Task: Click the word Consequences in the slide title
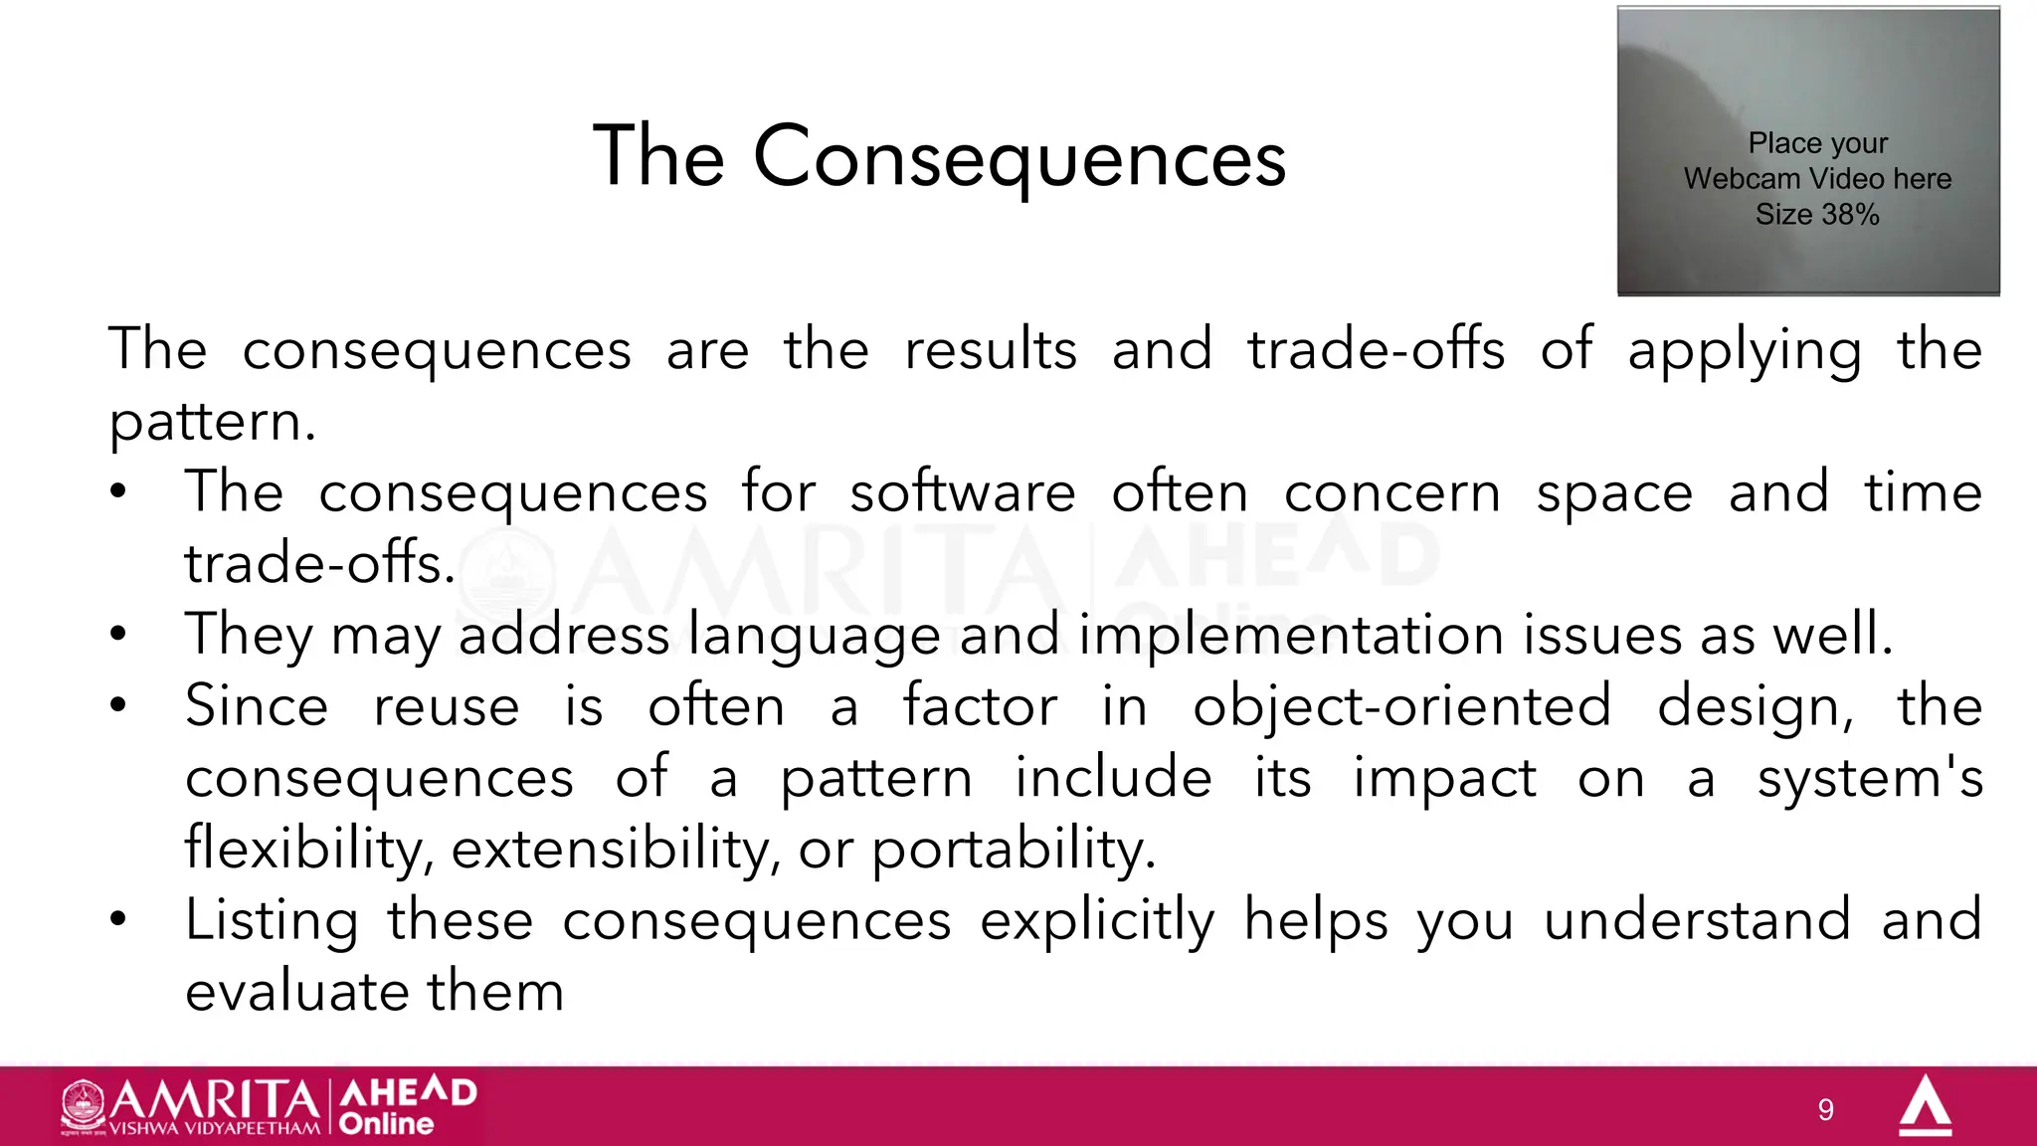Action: tap(1019, 157)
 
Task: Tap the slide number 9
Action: tap(1825, 1109)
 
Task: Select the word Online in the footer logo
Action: tap(386, 1124)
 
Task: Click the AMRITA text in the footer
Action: tap(214, 1099)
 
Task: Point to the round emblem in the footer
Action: tap(83, 1104)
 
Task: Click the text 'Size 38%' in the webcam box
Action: tap(1817, 214)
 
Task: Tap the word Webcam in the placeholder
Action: tap(1742, 179)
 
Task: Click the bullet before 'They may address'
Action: tap(118, 634)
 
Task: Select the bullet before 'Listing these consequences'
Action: tap(118, 919)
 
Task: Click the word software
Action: tap(962, 492)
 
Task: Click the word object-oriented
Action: tap(1401, 706)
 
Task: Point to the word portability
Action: tap(1013, 850)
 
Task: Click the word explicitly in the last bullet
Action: tap(1096, 920)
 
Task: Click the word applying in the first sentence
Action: tap(1744, 350)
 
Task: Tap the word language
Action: tap(814, 635)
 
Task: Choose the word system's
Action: tap(1869, 778)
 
